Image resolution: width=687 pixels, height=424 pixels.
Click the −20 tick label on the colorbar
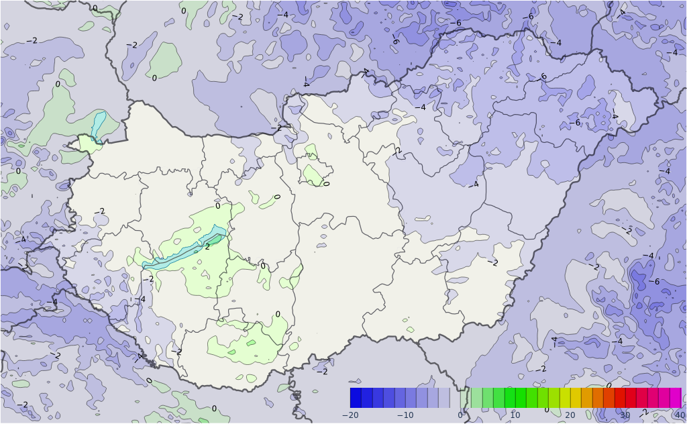[350, 415]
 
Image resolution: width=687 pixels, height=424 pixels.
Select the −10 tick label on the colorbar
[405, 415]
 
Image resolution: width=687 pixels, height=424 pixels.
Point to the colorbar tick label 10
[515, 415]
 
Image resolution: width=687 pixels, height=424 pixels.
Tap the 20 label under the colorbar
[570, 415]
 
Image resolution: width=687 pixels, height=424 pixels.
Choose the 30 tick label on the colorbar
[625, 415]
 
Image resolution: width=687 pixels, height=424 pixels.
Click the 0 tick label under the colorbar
[460, 415]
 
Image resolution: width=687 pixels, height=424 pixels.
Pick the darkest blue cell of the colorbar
[356, 398]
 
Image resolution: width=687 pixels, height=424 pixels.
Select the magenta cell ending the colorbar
[676, 398]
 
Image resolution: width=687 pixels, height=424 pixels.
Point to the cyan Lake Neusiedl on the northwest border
[99, 125]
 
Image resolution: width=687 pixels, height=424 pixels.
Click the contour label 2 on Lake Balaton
[207, 246]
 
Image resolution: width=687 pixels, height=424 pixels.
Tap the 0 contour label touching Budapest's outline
[326, 183]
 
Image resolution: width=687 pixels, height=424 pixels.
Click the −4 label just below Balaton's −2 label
[140, 299]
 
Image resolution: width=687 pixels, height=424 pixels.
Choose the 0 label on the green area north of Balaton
[217, 206]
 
